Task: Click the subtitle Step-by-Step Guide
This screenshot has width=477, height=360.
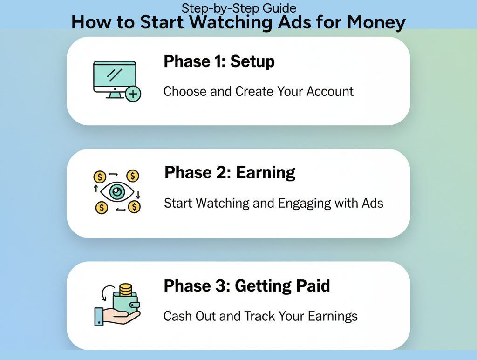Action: tap(238, 8)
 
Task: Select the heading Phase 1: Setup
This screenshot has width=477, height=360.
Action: tap(219, 61)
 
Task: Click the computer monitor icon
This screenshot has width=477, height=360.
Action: tap(115, 78)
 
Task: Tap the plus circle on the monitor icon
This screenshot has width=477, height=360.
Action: tap(133, 94)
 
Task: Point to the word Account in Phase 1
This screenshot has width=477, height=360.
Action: tap(330, 91)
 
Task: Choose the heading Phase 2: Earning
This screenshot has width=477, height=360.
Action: tap(230, 173)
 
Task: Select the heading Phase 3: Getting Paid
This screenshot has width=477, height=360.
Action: tap(247, 285)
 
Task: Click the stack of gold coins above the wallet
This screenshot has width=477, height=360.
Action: tap(125, 290)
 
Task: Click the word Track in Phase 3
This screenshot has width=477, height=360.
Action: tap(259, 317)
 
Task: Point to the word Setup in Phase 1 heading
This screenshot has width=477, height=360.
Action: tap(252, 61)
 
